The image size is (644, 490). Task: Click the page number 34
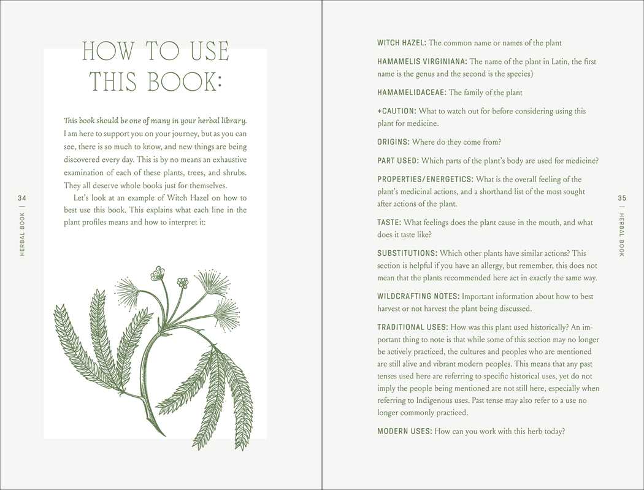coord(22,197)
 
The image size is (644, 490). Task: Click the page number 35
coord(622,197)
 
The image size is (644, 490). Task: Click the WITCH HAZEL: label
coord(401,43)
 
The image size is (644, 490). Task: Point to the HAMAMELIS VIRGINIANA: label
coord(422,62)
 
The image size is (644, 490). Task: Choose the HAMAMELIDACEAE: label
coord(412,93)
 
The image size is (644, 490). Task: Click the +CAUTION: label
coord(397,112)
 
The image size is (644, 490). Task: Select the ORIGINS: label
coord(393,142)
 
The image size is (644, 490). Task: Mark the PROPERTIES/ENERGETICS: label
coord(425,179)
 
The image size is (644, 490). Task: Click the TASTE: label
coord(389,223)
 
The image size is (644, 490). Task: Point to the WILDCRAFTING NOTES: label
coord(418,296)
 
